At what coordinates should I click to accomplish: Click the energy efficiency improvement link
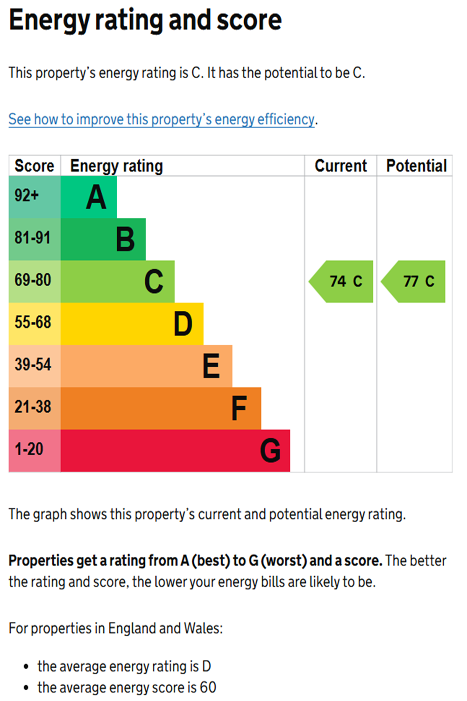click(x=161, y=119)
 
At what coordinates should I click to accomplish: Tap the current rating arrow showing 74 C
click(x=342, y=281)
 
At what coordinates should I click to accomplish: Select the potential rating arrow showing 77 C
click(x=415, y=281)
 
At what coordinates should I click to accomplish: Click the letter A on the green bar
click(x=96, y=197)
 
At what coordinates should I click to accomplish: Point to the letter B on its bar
click(x=125, y=239)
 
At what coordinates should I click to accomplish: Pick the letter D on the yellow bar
click(x=183, y=324)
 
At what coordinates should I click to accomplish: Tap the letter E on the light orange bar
click(x=211, y=366)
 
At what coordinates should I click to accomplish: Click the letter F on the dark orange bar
click(x=239, y=408)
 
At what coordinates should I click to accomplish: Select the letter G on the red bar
click(x=270, y=451)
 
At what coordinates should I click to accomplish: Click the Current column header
click(x=340, y=166)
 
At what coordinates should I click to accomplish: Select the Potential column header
click(x=416, y=166)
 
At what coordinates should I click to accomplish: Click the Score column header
click(x=34, y=166)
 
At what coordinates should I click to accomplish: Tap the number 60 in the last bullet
click(x=208, y=687)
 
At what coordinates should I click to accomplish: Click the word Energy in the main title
click(x=49, y=21)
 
